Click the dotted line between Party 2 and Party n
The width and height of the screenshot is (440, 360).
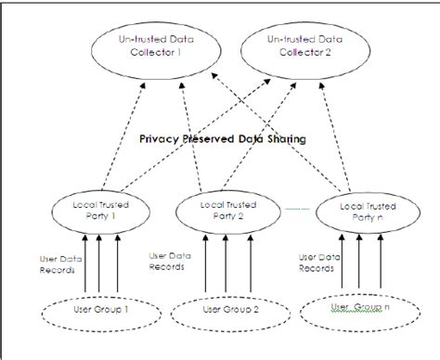coord(295,208)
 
